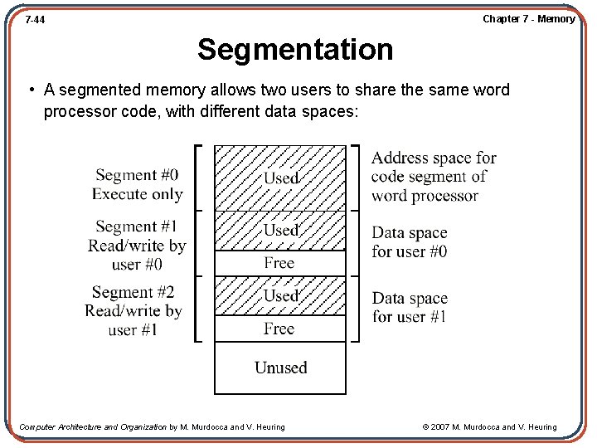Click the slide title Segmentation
(295, 50)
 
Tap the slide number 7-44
(35, 19)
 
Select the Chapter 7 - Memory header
(528, 19)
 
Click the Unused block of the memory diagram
(280, 368)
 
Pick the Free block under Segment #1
(279, 263)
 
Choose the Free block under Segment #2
(279, 329)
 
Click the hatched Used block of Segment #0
(280, 178)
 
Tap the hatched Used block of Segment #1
(280, 230)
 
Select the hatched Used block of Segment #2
(280, 295)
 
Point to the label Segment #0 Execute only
(137, 184)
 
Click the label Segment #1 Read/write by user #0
(137, 245)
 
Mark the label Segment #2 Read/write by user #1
(133, 310)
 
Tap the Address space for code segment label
(433, 177)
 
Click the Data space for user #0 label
(409, 242)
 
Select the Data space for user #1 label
(409, 307)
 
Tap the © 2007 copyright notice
(489, 427)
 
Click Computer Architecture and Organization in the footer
(93, 427)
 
